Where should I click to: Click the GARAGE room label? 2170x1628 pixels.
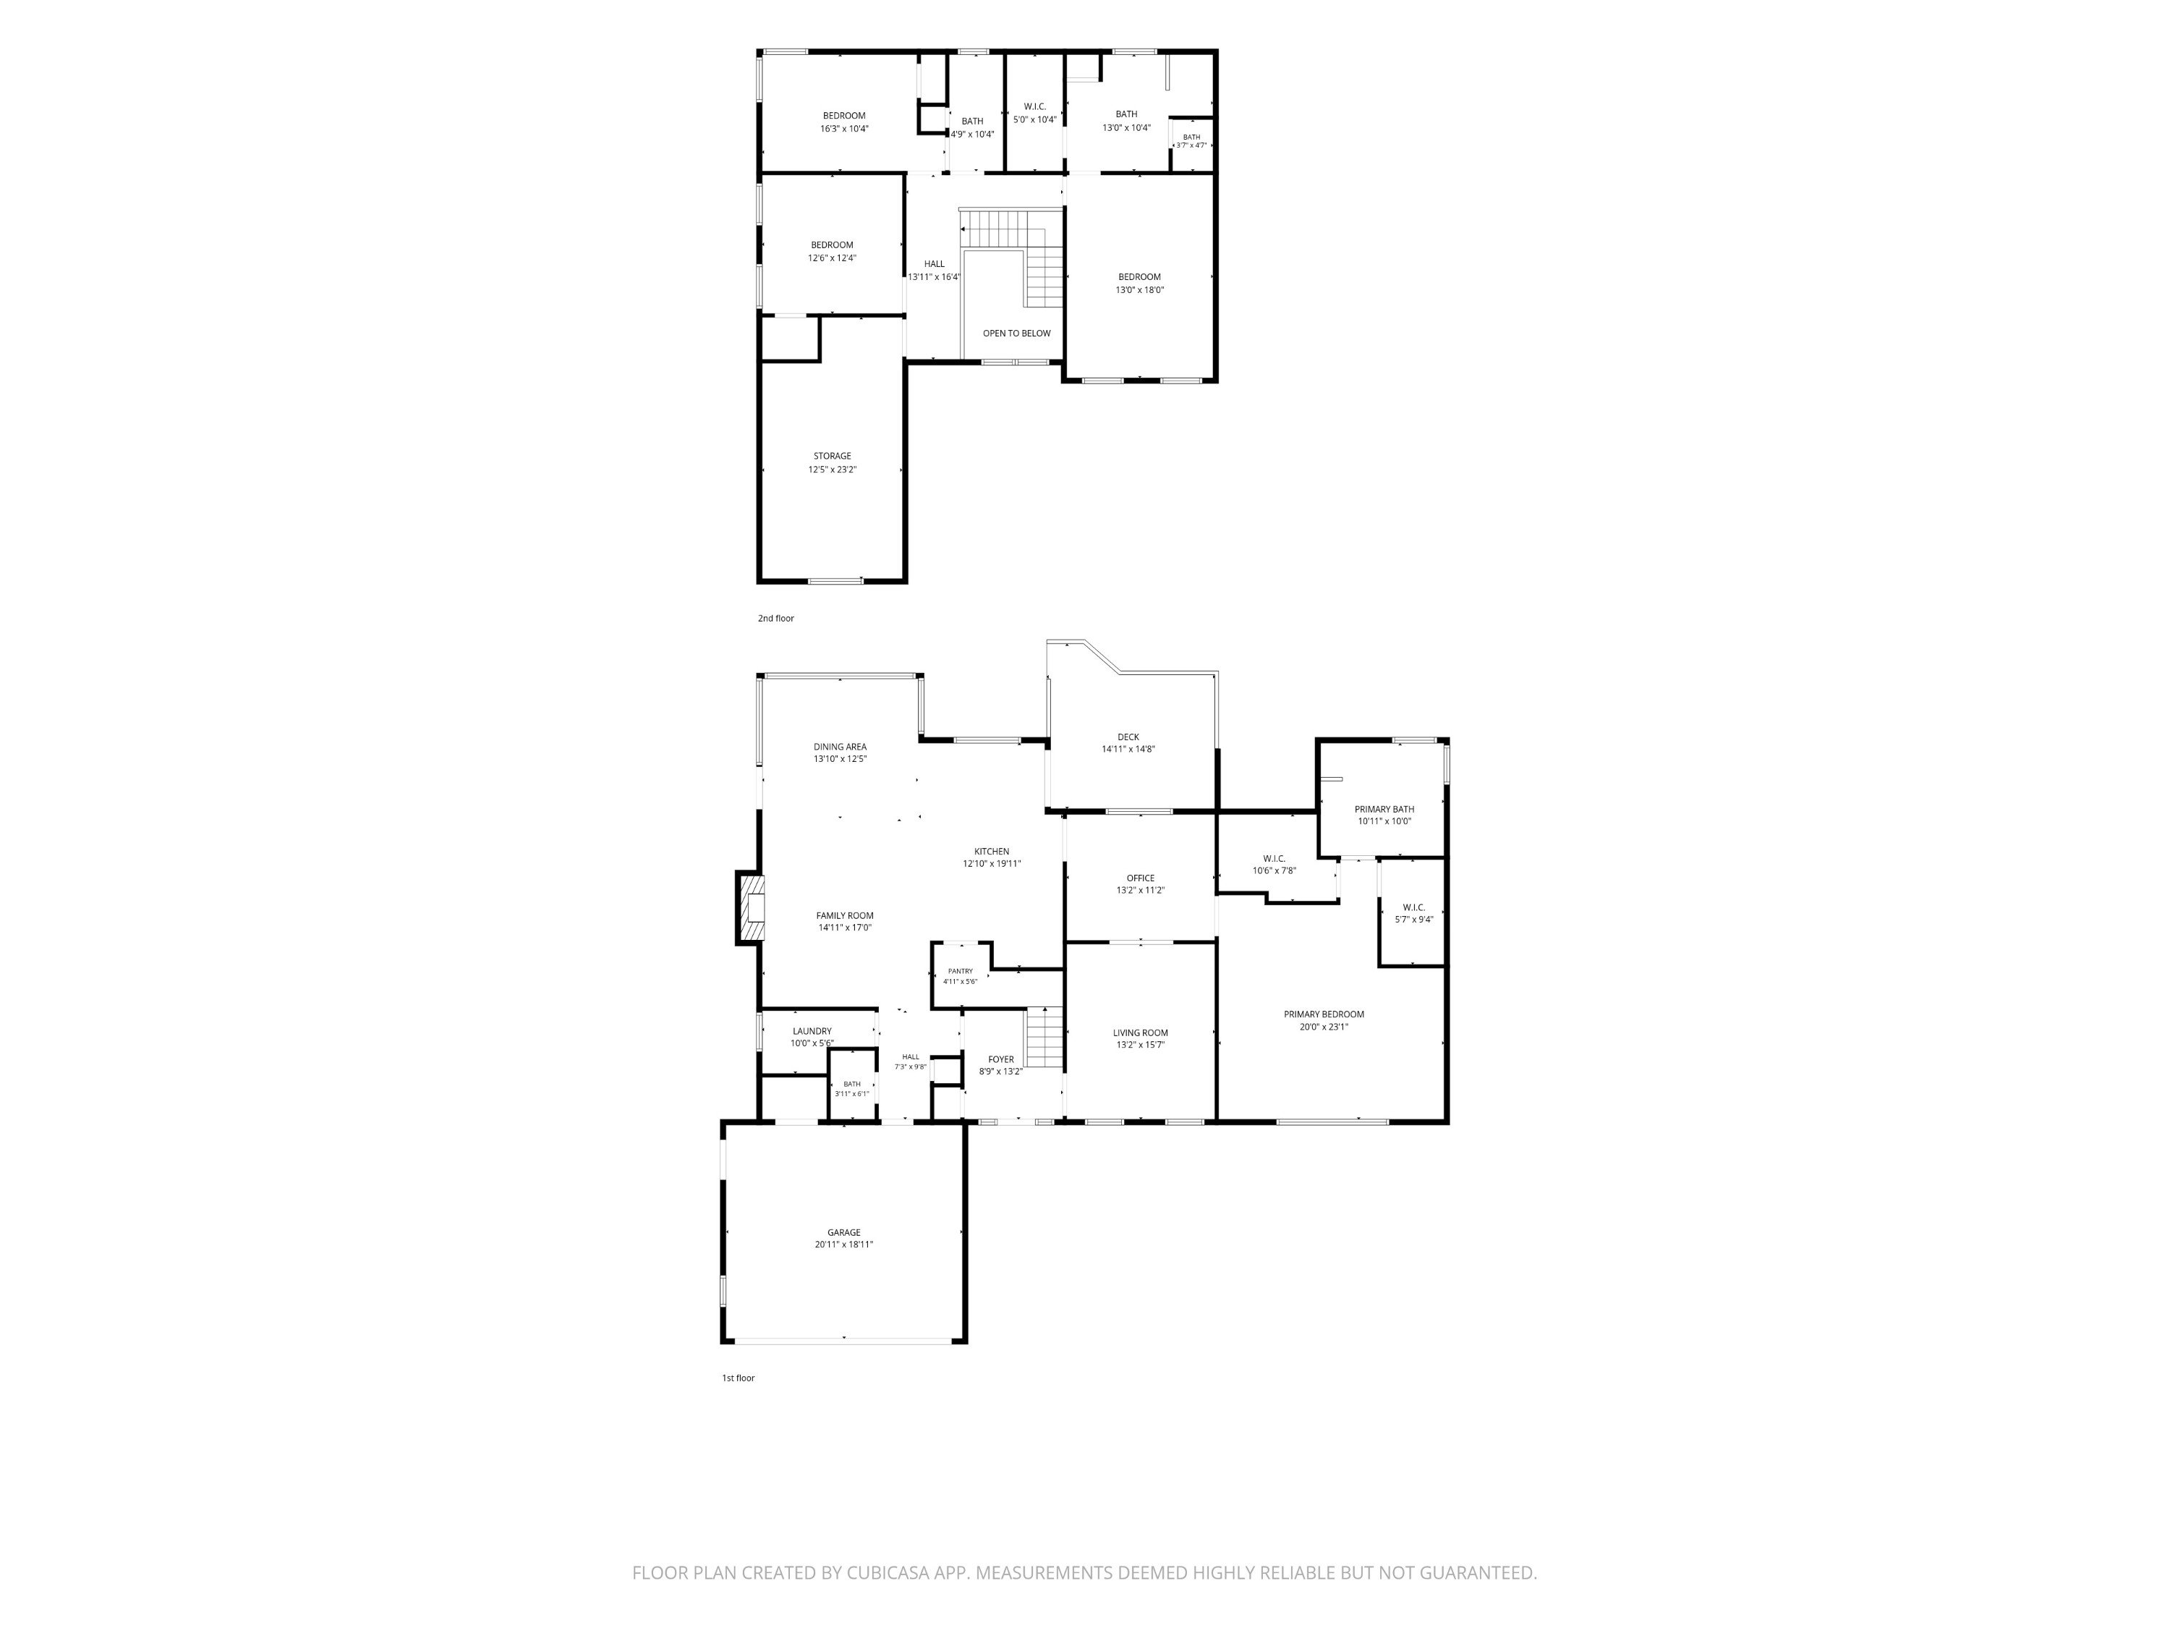pos(843,1232)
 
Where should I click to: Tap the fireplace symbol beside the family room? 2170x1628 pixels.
pos(752,909)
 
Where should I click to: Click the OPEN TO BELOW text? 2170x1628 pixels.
pos(1016,334)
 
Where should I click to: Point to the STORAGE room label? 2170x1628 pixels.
pos(832,457)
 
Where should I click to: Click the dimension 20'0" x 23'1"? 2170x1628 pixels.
pos(1324,1027)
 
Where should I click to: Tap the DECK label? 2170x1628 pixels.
pos(1128,737)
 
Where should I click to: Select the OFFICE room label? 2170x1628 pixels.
pos(1140,878)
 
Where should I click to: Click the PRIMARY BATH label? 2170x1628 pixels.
pos(1384,810)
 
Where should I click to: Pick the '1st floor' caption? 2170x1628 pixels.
pos(739,1378)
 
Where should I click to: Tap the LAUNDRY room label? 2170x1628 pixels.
pos(812,1031)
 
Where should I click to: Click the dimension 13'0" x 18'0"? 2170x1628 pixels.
pos(1139,289)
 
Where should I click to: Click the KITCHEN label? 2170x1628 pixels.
pos(991,852)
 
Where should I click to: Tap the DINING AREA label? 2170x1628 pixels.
pos(840,747)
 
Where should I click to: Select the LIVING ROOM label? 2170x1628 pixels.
pos(1140,1033)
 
